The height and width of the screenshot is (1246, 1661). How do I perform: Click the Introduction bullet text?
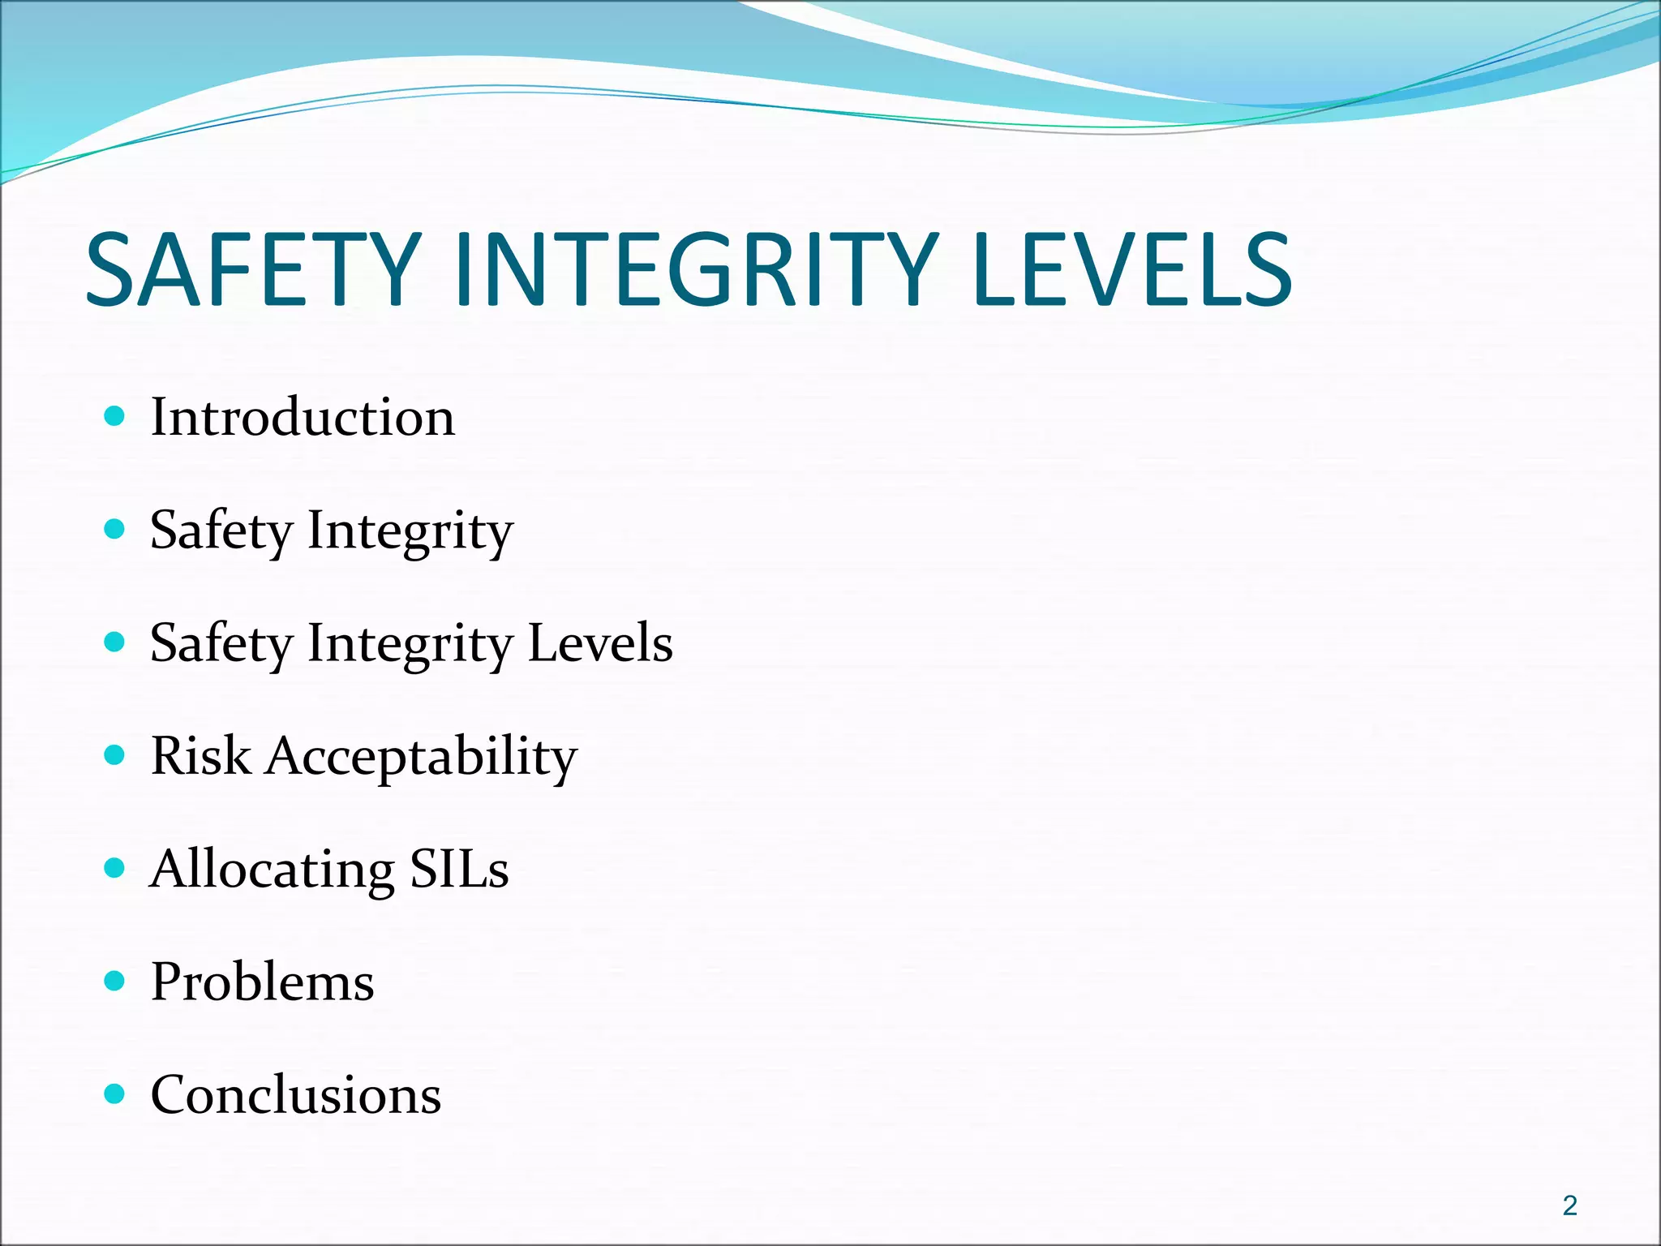303,418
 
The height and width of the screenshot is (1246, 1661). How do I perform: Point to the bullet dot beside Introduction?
115,417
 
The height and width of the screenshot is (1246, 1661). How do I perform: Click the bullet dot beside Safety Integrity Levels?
115,642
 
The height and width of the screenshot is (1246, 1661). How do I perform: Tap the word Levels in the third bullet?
600,643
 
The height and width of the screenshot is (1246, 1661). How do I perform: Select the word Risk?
200,756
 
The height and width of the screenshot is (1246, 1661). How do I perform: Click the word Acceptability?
422,758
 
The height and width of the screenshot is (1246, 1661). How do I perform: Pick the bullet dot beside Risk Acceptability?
115,755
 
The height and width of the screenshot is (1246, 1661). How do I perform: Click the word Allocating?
273,870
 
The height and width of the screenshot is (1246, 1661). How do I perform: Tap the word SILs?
459,869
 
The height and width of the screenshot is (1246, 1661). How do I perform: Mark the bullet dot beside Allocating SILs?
115,868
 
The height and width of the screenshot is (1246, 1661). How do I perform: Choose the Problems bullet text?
263,982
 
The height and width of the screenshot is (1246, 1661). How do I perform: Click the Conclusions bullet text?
296,1095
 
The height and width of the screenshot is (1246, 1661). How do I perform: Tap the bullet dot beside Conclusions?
115,1094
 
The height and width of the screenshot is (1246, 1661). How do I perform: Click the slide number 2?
1569,1205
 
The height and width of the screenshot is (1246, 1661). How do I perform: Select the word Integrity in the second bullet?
410,532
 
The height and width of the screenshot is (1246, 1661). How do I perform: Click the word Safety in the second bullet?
221,532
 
